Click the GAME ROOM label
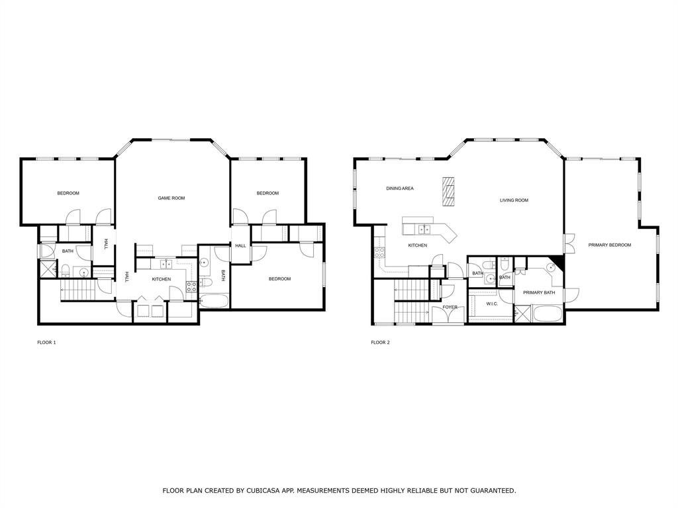(x=171, y=198)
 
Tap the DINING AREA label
(x=400, y=189)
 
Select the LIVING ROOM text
(x=514, y=200)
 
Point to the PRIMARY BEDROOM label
(x=610, y=245)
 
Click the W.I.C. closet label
(x=491, y=304)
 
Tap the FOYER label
(x=450, y=307)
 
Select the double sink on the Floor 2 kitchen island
(x=424, y=230)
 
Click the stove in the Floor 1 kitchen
(x=191, y=286)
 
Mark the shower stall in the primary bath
(x=522, y=314)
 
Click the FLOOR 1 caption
(x=46, y=343)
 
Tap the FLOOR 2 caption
(x=380, y=343)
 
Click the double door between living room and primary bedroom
(x=568, y=244)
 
